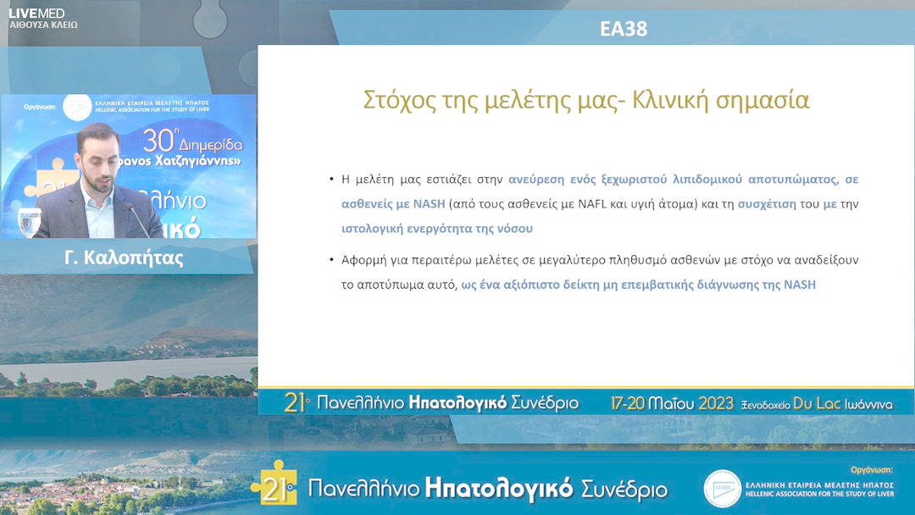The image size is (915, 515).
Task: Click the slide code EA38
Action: click(x=623, y=29)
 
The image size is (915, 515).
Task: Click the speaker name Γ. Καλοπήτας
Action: click(x=124, y=258)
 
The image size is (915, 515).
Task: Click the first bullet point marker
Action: click(x=331, y=180)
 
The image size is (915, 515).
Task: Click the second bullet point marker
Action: click(x=331, y=260)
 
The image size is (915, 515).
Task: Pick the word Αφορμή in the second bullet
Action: click(x=364, y=260)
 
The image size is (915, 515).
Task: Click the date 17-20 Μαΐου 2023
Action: click(x=673, y=404)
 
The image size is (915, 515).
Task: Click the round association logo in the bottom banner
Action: click(x=722, y=489)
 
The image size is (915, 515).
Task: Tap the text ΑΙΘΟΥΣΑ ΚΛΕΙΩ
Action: click(x=43, y=25)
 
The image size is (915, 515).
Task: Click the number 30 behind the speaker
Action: click(x=158, y=139)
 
